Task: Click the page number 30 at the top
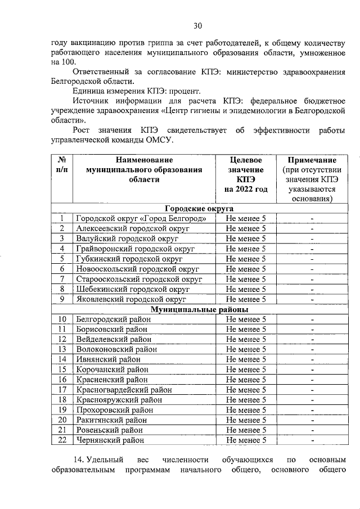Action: (x=197, y=25)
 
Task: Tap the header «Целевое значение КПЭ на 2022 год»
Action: (x=246, y=174)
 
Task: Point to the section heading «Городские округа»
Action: (x=191, y=208)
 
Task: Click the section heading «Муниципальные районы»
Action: (x=199, y=309)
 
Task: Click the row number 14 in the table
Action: (x=62, y=359)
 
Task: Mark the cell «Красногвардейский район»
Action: (x=120, y=390)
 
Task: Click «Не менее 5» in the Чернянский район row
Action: (x=246, y=440)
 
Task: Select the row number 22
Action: (x=62, y=440)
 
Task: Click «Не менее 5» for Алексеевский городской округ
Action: (x=246, y=229)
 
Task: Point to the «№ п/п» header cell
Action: (x=62, y=165)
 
